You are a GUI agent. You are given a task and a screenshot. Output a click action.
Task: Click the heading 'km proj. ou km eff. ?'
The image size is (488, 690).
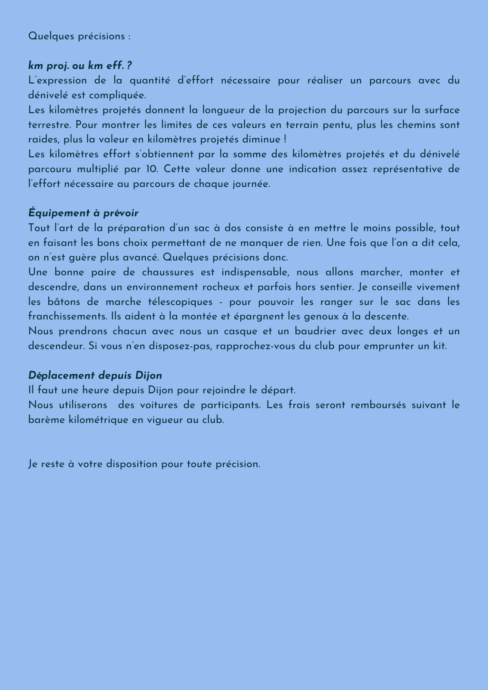point(80,66)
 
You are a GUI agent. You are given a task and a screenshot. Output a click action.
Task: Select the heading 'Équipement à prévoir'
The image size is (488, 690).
point(83,213)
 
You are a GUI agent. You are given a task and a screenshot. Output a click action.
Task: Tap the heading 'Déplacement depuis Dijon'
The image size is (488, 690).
point(95,375)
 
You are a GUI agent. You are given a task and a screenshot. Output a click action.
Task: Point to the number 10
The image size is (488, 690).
point(150,169)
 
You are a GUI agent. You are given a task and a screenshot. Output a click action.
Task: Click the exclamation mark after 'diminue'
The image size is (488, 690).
point(285,140)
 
